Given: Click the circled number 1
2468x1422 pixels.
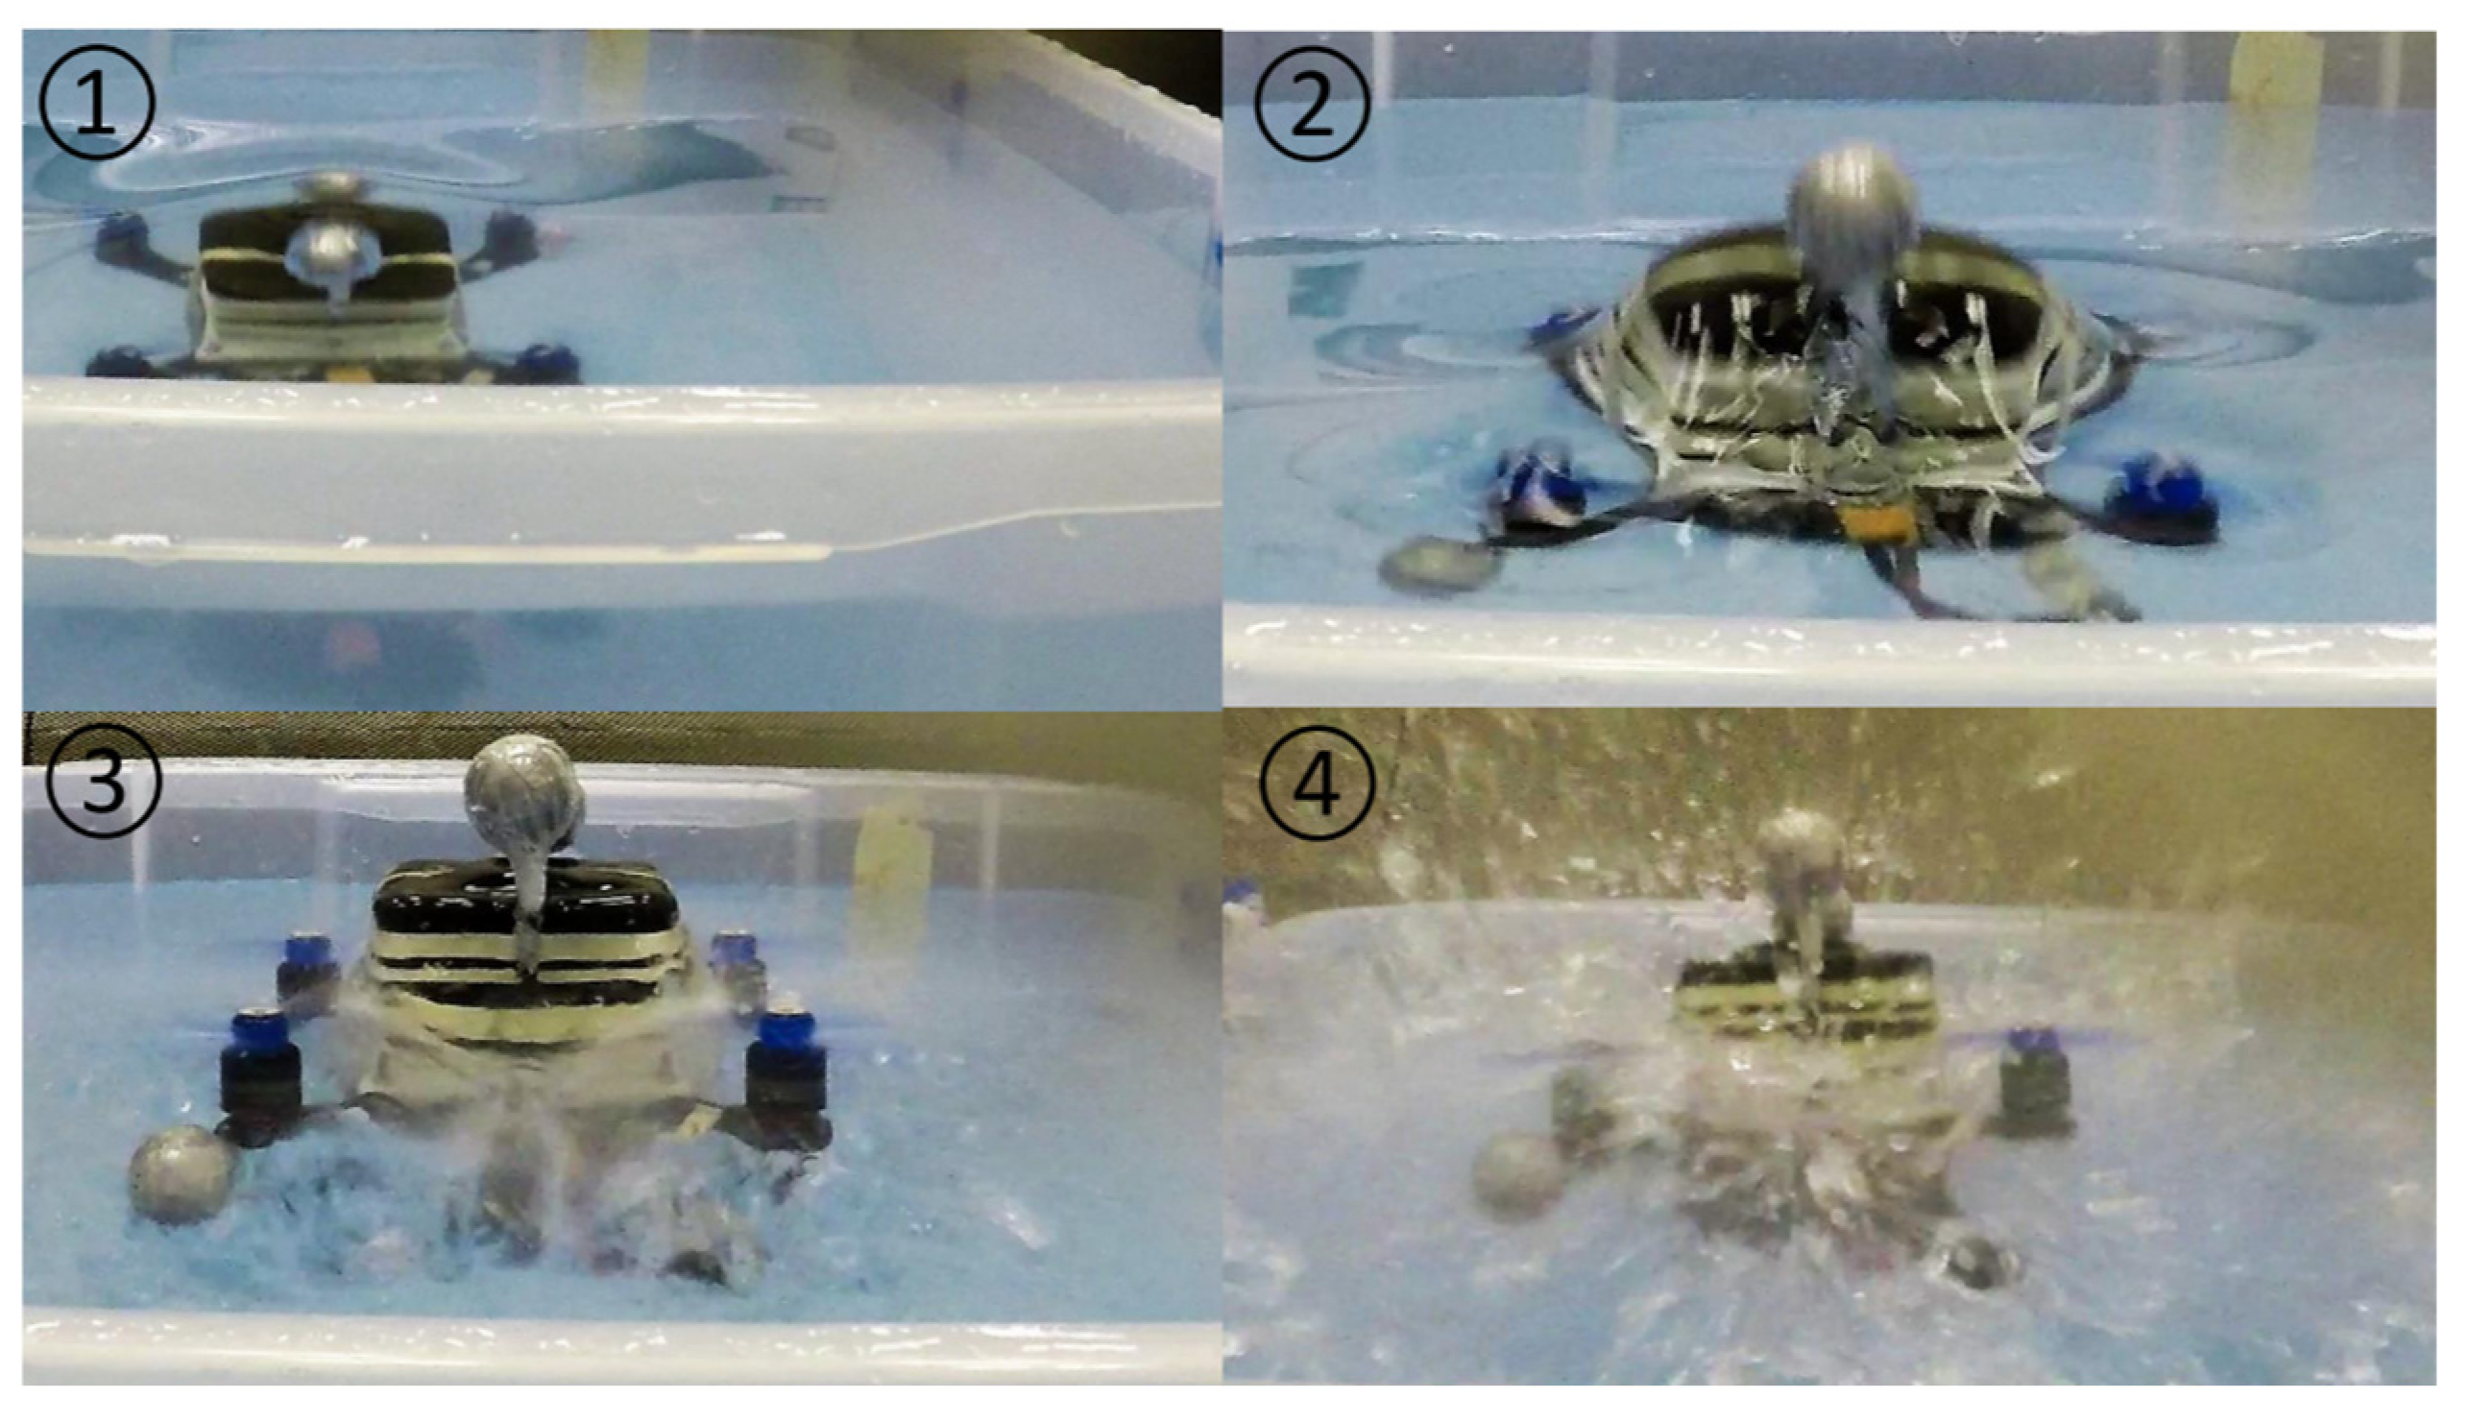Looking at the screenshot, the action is [97, 102].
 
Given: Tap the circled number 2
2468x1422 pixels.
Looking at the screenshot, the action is [1312, 104].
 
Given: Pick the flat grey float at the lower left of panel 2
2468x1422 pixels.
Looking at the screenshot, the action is [1440, 566].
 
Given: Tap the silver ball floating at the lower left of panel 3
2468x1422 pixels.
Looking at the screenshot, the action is [181, 1173].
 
